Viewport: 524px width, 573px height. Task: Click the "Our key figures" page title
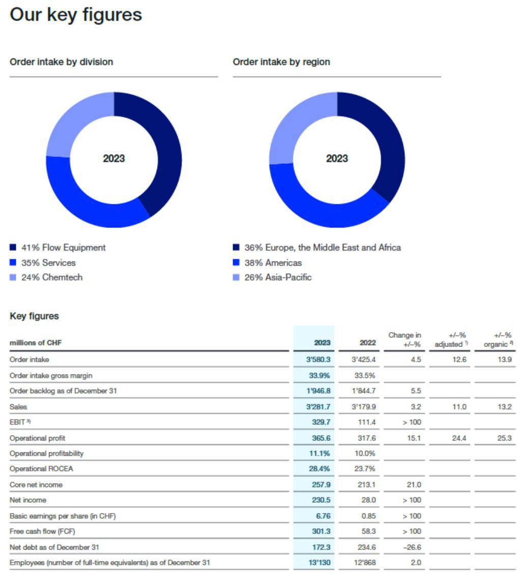(76, 15)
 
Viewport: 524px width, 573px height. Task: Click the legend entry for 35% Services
(48, 263)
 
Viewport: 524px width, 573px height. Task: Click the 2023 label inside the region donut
(337, 159)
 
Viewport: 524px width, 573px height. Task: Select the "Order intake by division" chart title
(62, 62)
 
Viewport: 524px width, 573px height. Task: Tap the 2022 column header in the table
(367, 342)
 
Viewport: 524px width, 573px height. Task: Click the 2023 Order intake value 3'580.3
(317, 359)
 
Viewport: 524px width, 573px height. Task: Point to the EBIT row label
(18, 422)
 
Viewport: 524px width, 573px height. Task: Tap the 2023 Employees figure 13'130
(318, 563)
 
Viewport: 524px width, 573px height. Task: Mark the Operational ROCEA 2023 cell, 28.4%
(320, 469)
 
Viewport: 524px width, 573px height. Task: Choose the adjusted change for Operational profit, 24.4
(459, 438)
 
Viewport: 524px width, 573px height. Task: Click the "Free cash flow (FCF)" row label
(39, 531)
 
